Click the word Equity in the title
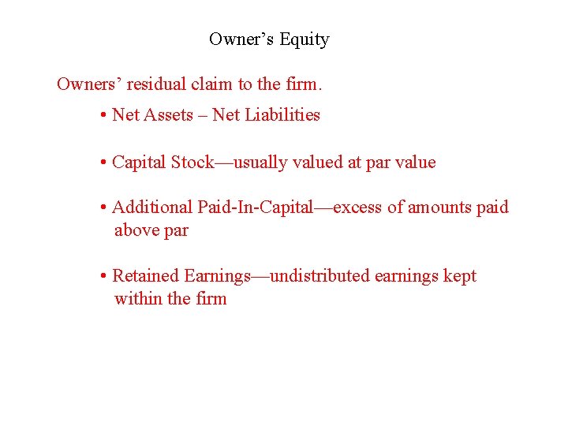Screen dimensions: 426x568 pos(304,39)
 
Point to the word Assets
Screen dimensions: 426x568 pos(168,115)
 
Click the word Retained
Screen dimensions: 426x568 pos(146,276)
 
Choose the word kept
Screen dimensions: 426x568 pos(460,276)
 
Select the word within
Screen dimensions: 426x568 pos(138,299)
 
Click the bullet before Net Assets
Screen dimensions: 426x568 pos(104,116)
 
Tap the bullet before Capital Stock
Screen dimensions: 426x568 pos(104,163)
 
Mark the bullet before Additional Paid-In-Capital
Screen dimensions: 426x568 pos(104,208)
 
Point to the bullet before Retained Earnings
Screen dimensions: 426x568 pos(104,277)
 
